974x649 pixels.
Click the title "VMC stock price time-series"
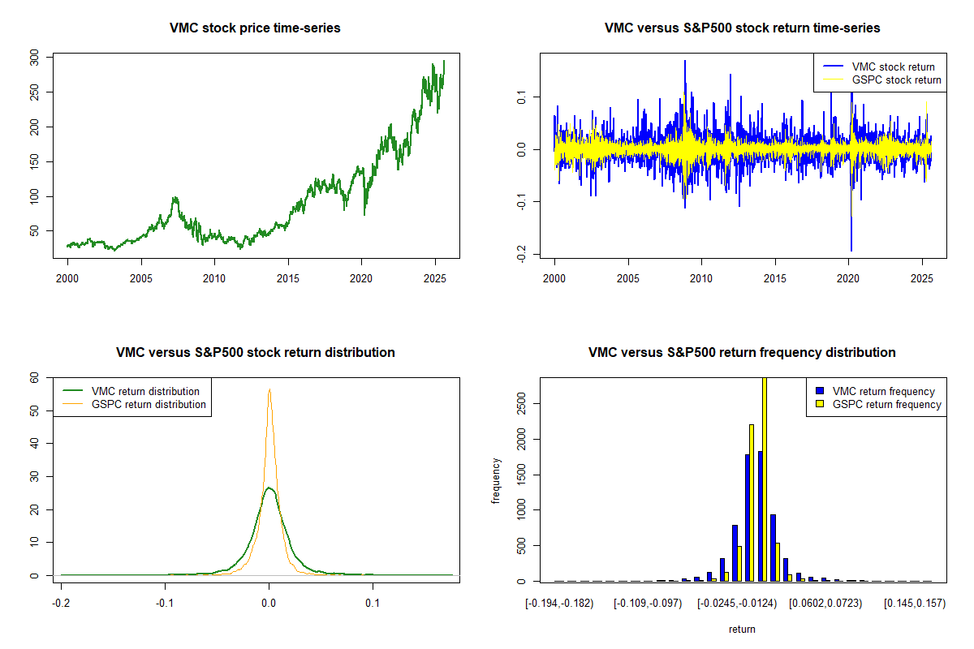tap(255, 28)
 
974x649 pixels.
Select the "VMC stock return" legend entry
tap(893, 67)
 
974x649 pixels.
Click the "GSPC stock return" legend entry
tap(896, 80)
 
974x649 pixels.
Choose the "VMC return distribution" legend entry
tap(145, 391)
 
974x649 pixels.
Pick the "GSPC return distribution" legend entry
tap(149, 404)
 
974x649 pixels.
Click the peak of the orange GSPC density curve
tap(269, 390)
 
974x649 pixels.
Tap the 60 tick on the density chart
tap(34, 377)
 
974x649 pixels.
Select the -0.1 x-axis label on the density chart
tap(165, 604)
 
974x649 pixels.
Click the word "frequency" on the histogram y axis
tap(496, 481)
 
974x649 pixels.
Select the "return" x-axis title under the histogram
tap(742, 629)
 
